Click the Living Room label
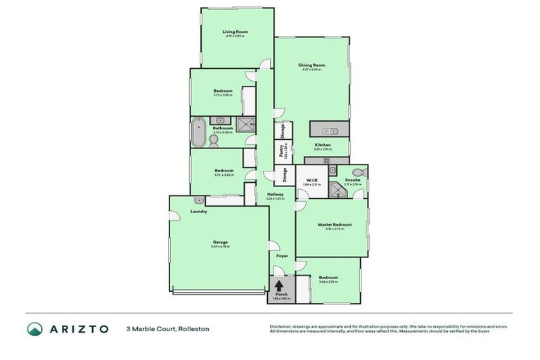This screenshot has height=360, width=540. tap(236, 32)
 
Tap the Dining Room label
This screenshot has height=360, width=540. tap(311, 65)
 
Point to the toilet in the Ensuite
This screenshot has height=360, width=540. tap(357, 173)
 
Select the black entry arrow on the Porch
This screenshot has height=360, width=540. tap(280, 285)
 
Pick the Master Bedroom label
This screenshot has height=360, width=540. tap(334, 225)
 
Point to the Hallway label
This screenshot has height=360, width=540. tap(275, 195)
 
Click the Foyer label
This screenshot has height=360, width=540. tap(281, 256)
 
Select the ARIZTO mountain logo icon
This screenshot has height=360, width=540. tap(36, 328)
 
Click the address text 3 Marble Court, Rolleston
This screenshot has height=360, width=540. tap(167, 328)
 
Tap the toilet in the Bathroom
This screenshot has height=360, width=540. tap(214, 141)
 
